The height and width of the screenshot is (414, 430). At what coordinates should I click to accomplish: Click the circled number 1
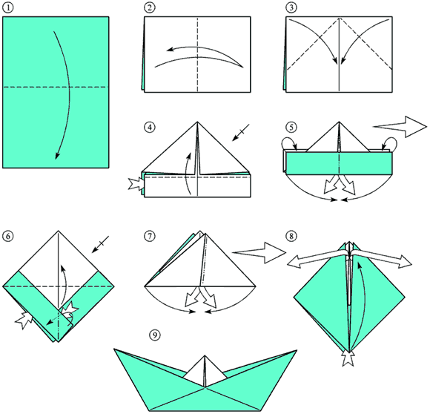tap(8, 7)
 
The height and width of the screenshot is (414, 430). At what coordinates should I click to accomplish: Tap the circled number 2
tap(150, 7)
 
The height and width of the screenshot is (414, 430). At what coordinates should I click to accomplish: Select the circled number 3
tap(291, 7)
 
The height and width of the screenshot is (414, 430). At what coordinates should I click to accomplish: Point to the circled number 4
tap(150, 128)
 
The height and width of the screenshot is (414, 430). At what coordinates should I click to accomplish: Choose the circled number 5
tap(291, 128)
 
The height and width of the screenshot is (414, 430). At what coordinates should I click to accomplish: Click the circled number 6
tap(8, 236)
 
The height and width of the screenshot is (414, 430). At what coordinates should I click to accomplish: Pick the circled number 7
tap(150, 236)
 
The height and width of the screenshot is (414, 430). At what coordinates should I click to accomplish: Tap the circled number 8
tap(291, 236)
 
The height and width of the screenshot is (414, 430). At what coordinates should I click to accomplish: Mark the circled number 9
tap(155, 335)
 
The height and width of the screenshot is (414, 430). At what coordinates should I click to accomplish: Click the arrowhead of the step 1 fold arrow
tap(57, 155)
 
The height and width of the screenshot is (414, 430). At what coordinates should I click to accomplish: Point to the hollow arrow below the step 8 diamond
tap(348, 359)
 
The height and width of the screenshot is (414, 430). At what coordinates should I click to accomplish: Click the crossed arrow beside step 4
tap(241, 133)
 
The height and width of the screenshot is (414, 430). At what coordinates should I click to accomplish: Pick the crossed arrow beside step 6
tap(100, 244)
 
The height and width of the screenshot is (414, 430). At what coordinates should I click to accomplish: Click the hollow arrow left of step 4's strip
tap(136, 184)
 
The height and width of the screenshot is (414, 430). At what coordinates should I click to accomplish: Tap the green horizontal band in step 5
tap(339, 163)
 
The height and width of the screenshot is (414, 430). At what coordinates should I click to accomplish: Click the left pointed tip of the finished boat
tap(114, 349)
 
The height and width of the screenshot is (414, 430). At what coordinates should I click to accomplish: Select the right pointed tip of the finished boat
tap(297, 350)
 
